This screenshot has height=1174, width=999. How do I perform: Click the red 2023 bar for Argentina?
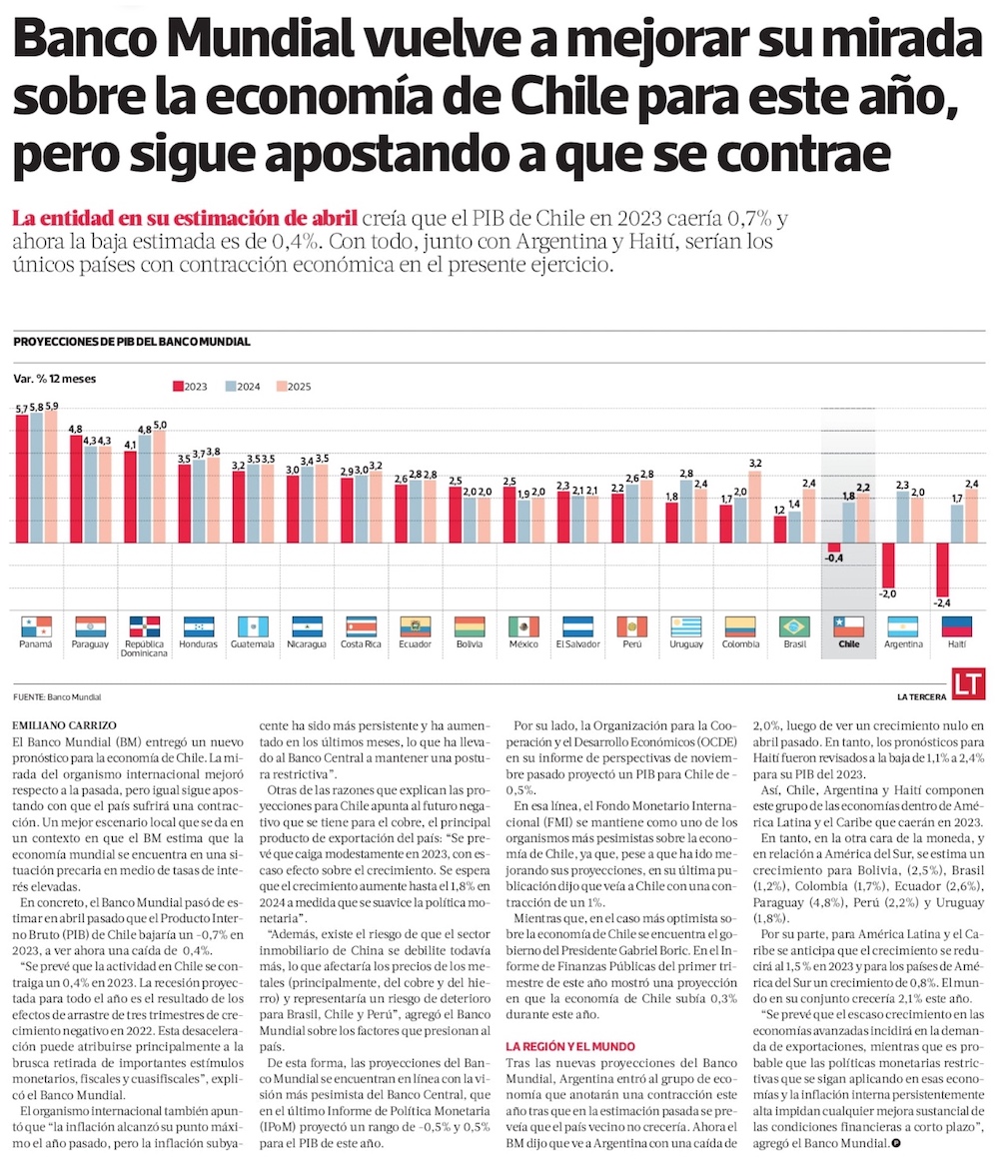coord(887,565)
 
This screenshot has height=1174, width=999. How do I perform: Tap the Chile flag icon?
coord(848,626)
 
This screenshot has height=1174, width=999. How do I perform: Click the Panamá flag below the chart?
coord(36,626)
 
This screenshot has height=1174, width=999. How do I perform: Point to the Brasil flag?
coord(794,626)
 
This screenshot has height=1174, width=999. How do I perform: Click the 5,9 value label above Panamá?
coord(51,407)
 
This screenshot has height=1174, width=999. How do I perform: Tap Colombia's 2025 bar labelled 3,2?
coord(755,507)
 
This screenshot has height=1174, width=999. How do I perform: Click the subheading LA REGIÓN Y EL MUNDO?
coord(569,1046)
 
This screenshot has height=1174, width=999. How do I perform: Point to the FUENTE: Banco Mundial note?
coord(58,695)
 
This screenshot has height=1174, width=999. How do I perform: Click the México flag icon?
coord(523,626)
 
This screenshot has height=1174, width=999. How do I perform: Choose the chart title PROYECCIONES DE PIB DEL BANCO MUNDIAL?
coord(132,342)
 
